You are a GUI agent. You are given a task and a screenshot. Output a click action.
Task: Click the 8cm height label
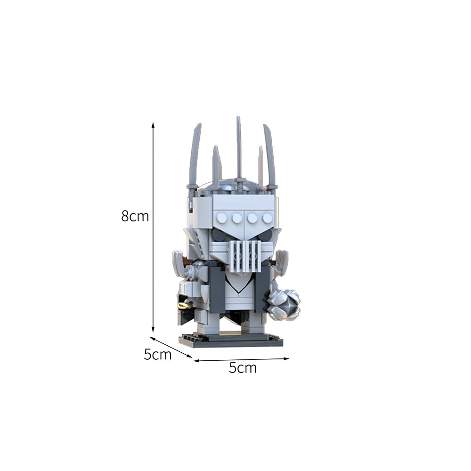(x=135, y=216)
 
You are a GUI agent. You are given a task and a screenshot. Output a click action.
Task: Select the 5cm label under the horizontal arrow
(x=243, y=368)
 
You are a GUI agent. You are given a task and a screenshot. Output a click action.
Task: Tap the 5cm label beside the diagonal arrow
(x=157, y=355)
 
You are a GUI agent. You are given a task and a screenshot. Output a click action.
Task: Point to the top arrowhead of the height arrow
(x=153, y=125)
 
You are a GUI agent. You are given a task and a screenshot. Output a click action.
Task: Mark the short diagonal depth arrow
(x=171, y=347)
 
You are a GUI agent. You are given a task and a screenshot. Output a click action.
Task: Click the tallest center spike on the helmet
(x=239, y=146)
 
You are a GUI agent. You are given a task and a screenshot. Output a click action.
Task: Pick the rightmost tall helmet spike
(x=269, y=155)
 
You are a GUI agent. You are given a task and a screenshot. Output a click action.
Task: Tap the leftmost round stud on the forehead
(x=222, y=218)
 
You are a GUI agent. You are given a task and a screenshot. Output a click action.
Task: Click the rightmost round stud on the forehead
(x=267, y=218)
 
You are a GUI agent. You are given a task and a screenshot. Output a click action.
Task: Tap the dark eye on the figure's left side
(x=219, y=235)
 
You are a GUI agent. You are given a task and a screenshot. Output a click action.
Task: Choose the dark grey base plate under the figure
(x=231, y=341)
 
